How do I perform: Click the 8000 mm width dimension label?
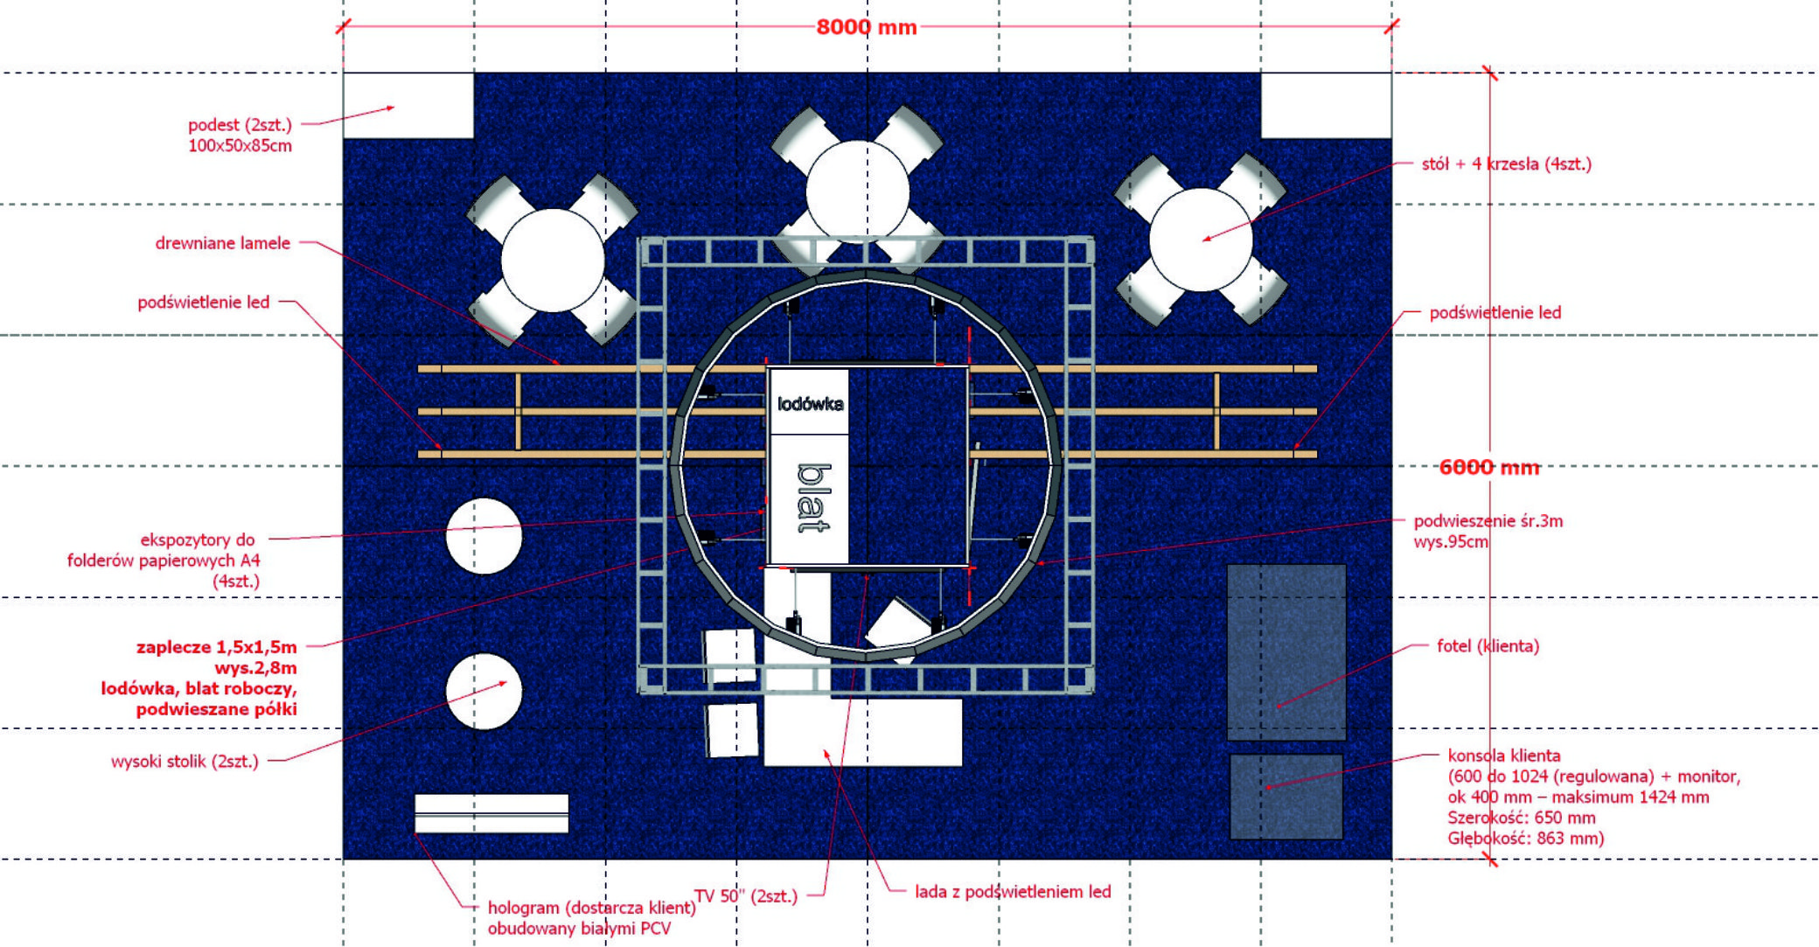click(x=867, y=27)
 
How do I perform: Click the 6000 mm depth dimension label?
click(x=1489, y=467)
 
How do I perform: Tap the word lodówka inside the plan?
click(x=811, y=404)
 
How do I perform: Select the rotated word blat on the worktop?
click(x=813, y=498)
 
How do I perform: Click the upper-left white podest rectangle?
click(x=408, y=105)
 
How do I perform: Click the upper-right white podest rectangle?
click(x=1326, y=105)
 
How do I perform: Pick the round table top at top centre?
click(x=858, y=192)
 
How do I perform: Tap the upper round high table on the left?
click(x=484, y=536)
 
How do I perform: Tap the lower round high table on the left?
click(x=484, y=691)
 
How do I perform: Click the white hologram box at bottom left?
click(x=491, y=813)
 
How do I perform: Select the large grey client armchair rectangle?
click(x=1286, y=652)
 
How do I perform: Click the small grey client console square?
click(x=1286, y=797)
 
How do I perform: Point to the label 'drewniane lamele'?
click(x=223, y=243)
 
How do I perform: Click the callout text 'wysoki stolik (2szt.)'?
click(x=185, y=762)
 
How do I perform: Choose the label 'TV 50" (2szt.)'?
click(x=746, y=896)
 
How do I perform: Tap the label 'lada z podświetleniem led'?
click(x=1013, y=892)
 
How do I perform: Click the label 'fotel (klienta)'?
click(x=1488, y=646)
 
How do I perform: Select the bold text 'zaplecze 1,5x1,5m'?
click(x=216, y=647)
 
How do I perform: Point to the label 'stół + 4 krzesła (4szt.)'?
click(x=1506, y=164)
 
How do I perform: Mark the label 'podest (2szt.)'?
click(x=240, y=125)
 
